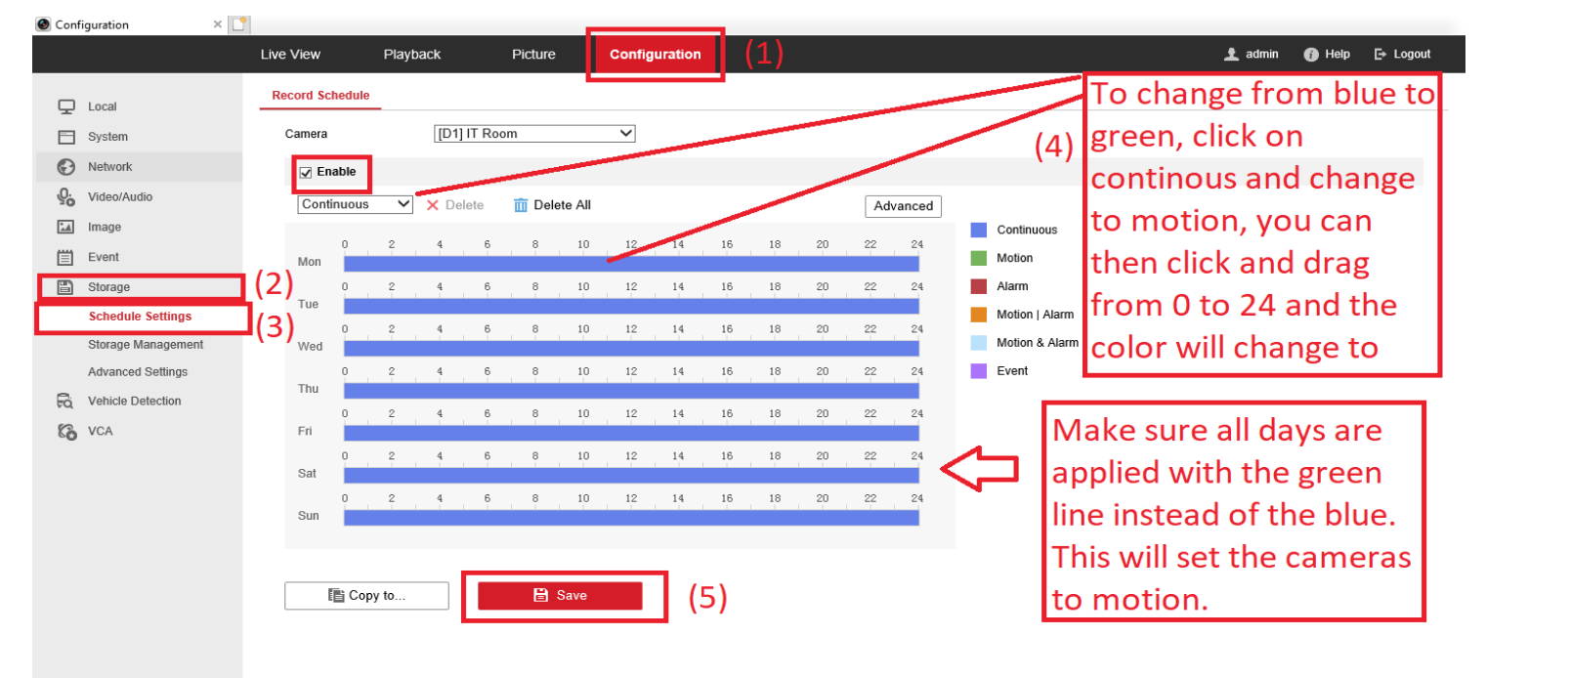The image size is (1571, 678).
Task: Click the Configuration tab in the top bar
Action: pyautogui.click(x=655, y=54)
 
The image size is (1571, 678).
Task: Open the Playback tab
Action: pyautogui.click(x=411, y=54)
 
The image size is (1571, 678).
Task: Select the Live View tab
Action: pyautogui.click(x=289, y=54)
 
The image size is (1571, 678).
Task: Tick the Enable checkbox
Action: pyautogui.click(x=306, y=173)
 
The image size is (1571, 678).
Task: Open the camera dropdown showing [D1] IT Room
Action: pyautogui.click(x=534, y=133)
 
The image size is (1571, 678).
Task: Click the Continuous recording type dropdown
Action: pyautogui.click(x=355, y=204)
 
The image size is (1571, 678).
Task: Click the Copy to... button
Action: pyautogui.click(x=366, y=595)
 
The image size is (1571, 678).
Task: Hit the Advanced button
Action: pyautogui.click(x=903, y=205)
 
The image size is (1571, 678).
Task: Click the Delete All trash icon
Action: pyautogui.click(x=521, y=205)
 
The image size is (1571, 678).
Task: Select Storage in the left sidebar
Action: pyautogui.click(x=108, y=287)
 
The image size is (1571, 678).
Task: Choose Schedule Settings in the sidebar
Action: pyautogui.click(x=140, y=317)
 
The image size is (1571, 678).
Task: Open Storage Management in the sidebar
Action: pyautogui.click(x=146, y=344)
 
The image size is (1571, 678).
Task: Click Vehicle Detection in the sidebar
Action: pyautogui.click(x=134, y=401)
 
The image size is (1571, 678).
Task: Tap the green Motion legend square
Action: pyautogui.click(x=978, y=258)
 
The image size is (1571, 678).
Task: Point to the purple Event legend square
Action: pyautogui.click(x=978, y=371)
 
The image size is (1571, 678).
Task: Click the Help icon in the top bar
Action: pyautogui.click(x=1311, y=54)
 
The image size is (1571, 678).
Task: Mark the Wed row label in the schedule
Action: pyautogui.click(x=310, y=347)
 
